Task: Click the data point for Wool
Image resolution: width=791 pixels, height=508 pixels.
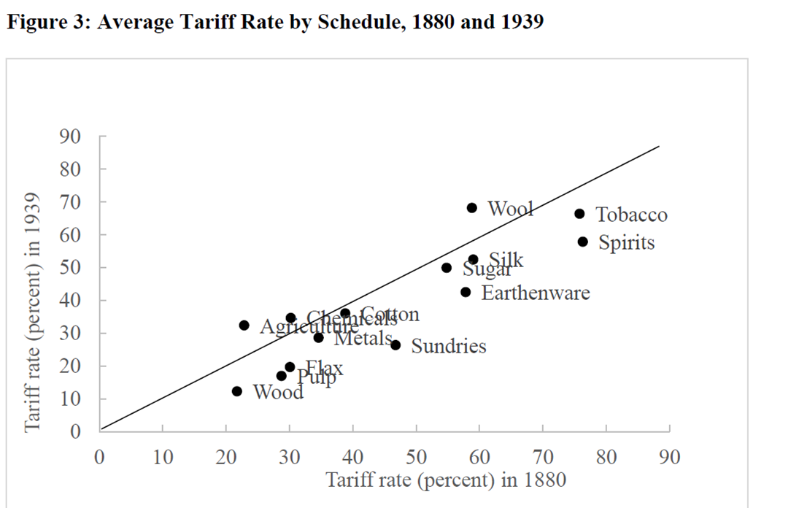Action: pos(472,208)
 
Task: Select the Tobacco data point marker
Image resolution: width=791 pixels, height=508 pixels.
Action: pos(579,214)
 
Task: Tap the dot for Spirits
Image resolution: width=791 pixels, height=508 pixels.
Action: pos(582,242)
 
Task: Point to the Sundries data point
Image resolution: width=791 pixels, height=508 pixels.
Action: pos(396,345)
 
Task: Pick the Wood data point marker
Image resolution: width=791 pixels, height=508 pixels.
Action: pos(236,391)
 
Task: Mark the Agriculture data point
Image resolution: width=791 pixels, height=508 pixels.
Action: pos(244,326)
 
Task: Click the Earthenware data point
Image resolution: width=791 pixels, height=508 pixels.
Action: pos(466,292)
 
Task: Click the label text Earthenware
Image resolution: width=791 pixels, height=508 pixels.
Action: pos(535,293)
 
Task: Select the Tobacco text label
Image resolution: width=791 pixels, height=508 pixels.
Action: pos(631,215)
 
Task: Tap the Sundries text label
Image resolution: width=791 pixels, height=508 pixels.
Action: pos(448,346)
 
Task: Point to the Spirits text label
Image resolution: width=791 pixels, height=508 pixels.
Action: pos(626,242)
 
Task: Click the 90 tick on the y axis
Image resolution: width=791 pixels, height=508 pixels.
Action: pos(75,136)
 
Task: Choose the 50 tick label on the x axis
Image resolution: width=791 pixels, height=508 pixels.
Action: pos(416,458)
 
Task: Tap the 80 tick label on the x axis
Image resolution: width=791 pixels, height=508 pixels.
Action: pos(606,458)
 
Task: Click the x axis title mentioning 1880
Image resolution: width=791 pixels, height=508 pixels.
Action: pos(446,480)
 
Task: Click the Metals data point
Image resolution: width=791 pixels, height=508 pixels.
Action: pos(318,337)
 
